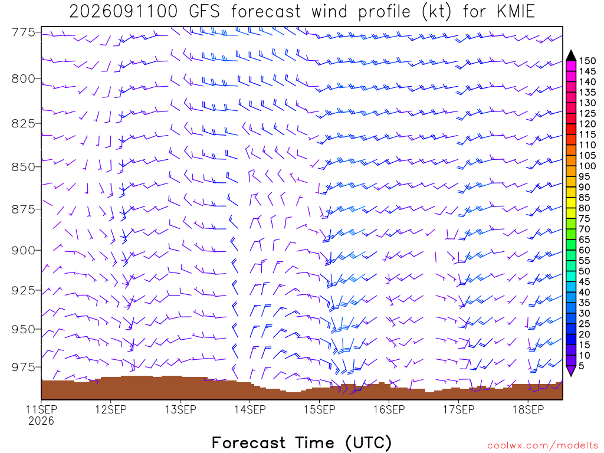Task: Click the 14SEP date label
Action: tap(250, 409)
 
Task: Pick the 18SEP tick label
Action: tap(528, 409)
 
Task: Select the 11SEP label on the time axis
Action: tap(41, 409)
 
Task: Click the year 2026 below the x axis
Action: tap(41, 421)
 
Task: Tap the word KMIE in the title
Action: tap(516, 12)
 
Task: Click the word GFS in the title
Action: tap(204, 12)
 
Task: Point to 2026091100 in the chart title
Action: tap(123, 12)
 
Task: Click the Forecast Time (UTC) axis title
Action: tap(301, 442)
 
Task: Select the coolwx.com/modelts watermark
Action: tap(543, 446)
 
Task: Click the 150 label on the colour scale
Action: tap(587, 61)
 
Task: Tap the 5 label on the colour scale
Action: tap(582, 366)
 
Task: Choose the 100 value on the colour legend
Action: tap(587, 166)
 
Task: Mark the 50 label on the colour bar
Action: tap(585, 271)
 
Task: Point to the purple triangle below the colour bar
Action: tap(571, 371)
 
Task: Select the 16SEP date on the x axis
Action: tap(389, 409)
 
